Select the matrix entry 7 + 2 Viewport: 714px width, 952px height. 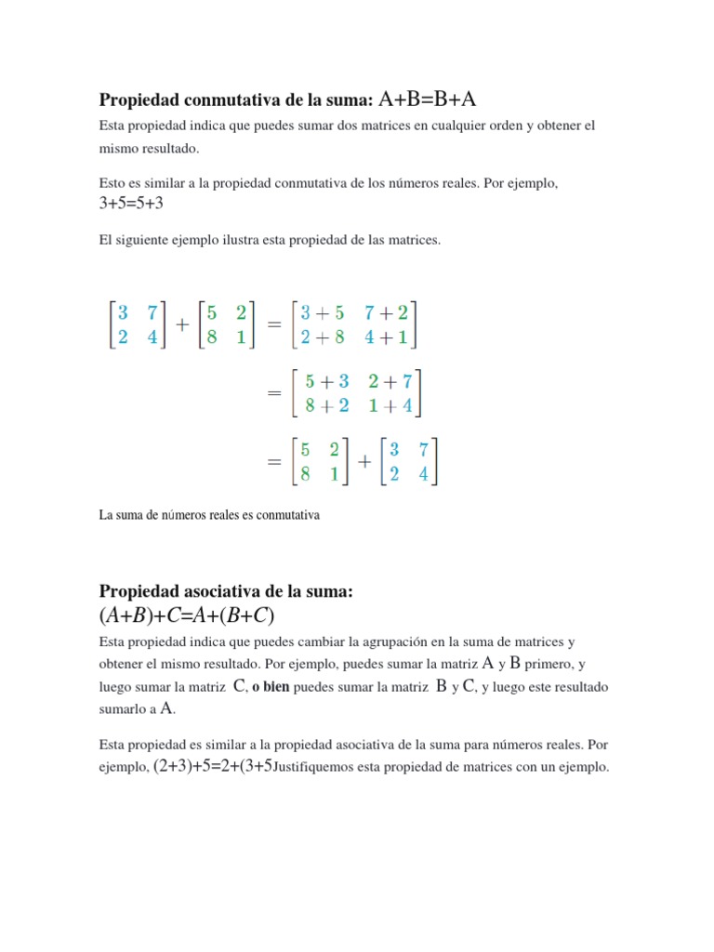click(387, 313)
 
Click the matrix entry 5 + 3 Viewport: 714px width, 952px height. click(330, 380)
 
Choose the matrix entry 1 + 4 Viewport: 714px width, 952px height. click(390, 405)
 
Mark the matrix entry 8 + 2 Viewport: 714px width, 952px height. click(330, 405)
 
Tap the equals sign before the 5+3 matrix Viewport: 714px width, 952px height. click(273, 393)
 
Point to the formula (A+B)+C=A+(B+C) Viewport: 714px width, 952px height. click(186, 616)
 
